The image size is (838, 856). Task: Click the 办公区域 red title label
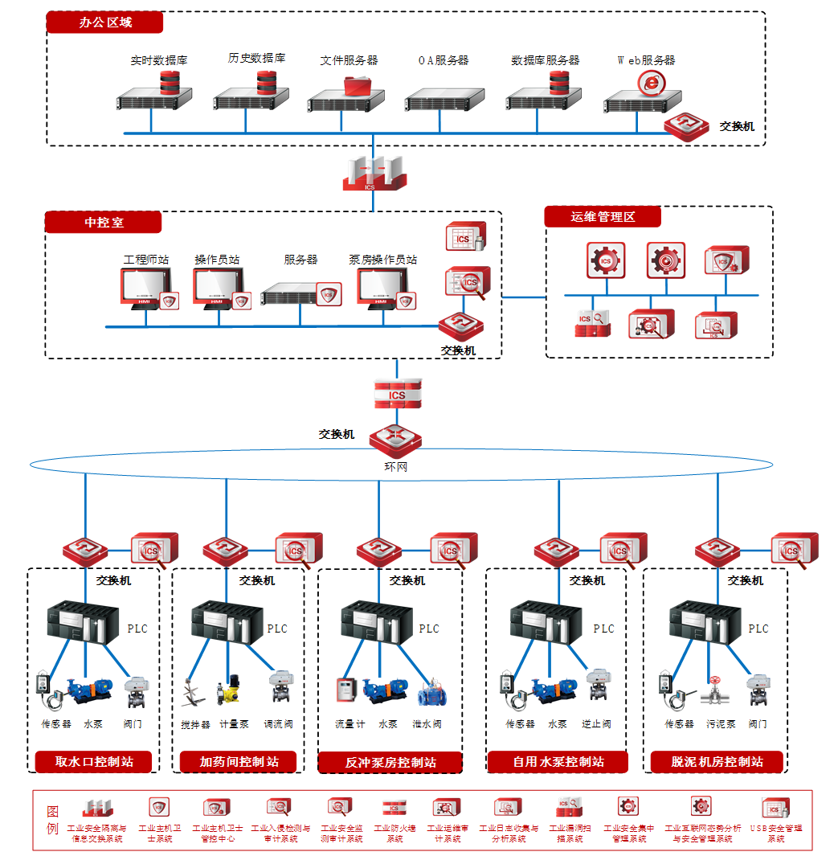[x=104, y=23]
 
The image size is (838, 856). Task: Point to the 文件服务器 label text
[x=349, y=60]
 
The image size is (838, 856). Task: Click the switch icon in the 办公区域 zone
[x=685, y=126]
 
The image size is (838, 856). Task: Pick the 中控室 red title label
[x=104, y=222]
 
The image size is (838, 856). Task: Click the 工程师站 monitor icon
[x=146, y=289]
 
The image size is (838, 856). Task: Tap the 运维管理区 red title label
[x=603, y=217]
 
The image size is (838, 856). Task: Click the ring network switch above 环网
[x=395, y=439]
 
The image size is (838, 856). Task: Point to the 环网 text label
[x=396, y=466]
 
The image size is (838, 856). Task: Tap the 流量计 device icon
[x=346, y=690]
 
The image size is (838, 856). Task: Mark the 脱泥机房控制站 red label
[x=717, y=761]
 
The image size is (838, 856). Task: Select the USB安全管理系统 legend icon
[x=775, y=808]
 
